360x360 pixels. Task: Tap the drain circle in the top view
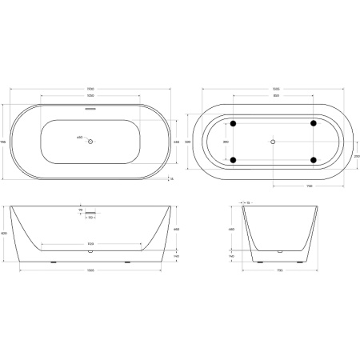click(x=90, y=142)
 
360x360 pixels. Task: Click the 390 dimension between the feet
click(x=226, y=142)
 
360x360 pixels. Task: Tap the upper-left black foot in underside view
click(x=233, y=123)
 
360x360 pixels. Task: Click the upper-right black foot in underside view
click(x=314, y=123)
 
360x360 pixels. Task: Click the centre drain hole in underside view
click(x=274, y=142)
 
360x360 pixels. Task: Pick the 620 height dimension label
click(x=4, y=233)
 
